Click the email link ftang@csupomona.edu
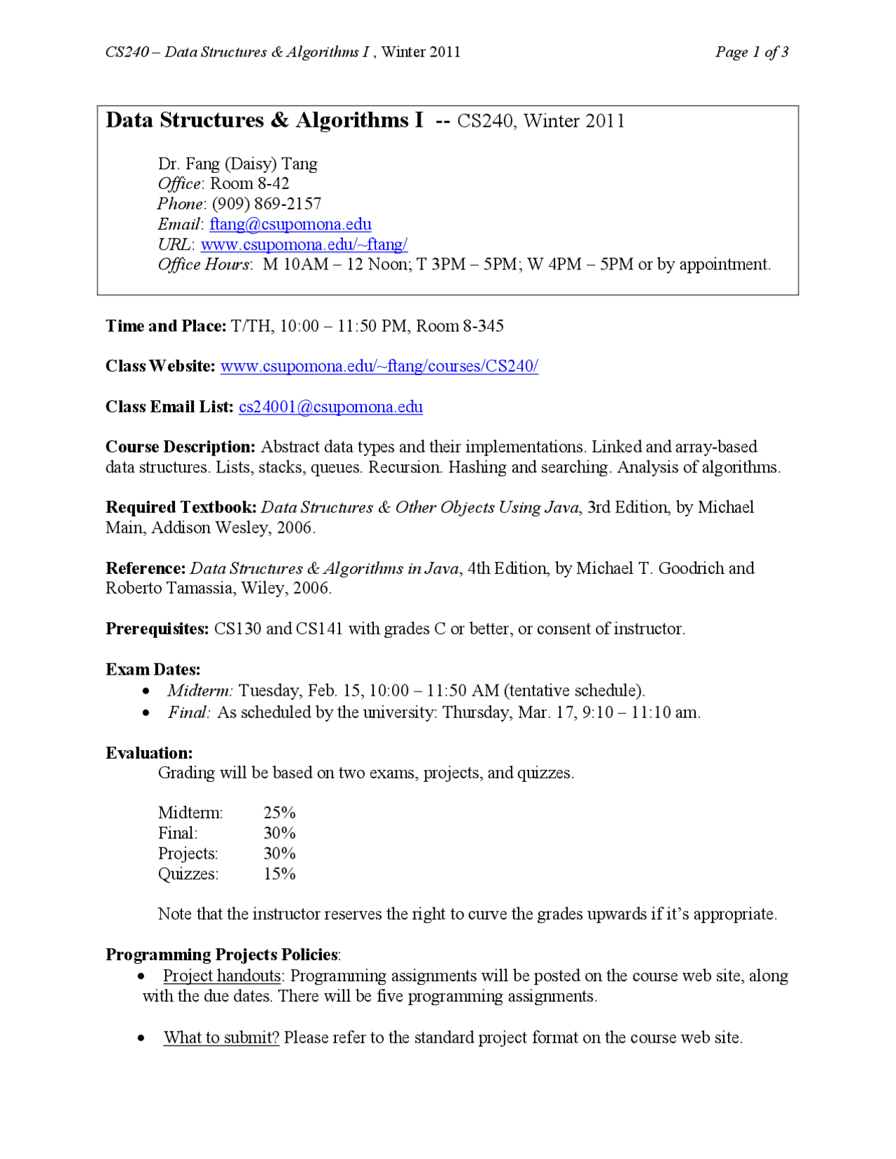coord(290,224)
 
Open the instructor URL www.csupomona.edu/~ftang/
coord(304,244)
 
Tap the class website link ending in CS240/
coord(379,366)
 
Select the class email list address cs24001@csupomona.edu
coord(330,407)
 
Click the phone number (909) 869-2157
coord(267,204)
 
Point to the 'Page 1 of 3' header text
coord(752,52)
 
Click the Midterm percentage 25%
coord(279,813)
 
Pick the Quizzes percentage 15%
coord(279,873)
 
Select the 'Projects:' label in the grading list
coord(188,853)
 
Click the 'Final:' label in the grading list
coord(178,833)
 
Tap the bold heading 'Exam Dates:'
coord(153,669)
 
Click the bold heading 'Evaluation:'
coord(149,752)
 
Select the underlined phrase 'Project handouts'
coord(222,976)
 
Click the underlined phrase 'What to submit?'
coord(221,1037)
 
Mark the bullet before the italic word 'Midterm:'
coord(146,691)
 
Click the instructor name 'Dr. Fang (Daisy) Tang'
coord(237,164)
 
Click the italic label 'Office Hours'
coord(203,265)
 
